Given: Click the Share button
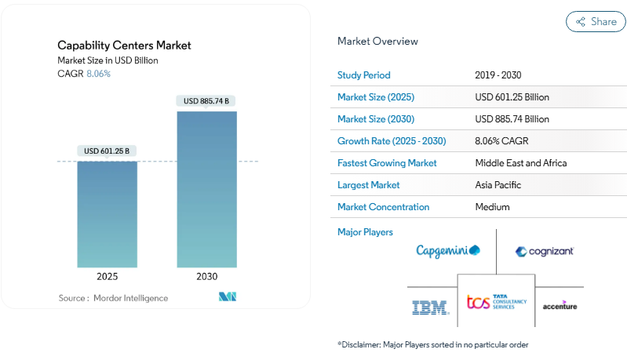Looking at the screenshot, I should tap(596, 22).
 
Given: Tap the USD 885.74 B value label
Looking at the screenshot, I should tap(206, 101).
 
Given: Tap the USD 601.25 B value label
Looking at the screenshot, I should tap(107, 151).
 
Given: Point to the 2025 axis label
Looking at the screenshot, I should tap(107, 277).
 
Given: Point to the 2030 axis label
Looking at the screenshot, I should tap(206, 277).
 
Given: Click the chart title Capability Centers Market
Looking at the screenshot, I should tap(124, 45).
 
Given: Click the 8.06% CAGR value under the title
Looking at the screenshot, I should tap(98, 74).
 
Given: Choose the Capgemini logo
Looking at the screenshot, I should tap(448, 250).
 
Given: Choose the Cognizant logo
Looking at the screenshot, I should tap(545, 251).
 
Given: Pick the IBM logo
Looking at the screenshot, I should tap(431, 307).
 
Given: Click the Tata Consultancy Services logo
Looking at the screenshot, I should tap(497, 302).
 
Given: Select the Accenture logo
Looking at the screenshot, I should tap(560, 305).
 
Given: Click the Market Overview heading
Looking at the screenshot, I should tap(377, 41).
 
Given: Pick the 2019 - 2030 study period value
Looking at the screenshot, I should tap(498, 75).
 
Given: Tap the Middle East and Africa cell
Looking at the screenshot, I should tap(520, 163).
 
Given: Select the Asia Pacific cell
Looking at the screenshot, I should tap(498, 185).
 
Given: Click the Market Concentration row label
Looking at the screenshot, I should tap(383, 207).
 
